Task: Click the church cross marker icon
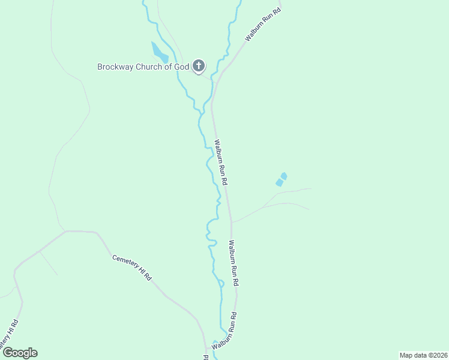[199, 65]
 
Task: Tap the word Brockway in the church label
[116, 67]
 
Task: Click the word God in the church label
[182, 67]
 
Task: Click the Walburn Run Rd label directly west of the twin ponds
[221, 163]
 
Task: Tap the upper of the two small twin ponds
[284, 176]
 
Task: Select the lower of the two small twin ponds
[279, 182]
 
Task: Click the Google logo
[20, 353]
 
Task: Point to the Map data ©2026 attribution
[423, 355]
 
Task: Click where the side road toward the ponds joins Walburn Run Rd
[232, 222]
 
